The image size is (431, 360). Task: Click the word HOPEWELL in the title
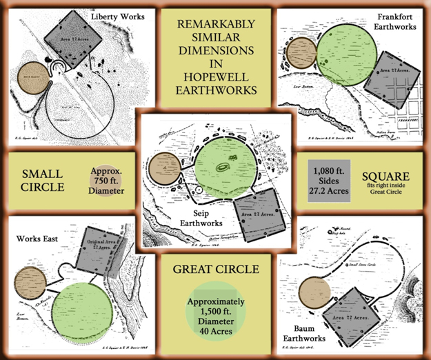coord(215,74)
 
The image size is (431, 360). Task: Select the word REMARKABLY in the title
coord(214,25)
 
